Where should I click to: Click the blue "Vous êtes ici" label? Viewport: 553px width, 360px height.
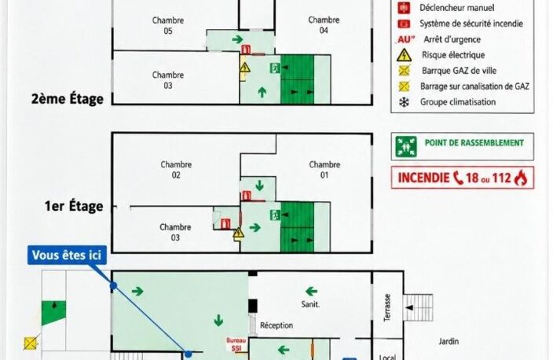[67, 255]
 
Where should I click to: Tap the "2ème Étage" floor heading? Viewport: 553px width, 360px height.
[68, 98]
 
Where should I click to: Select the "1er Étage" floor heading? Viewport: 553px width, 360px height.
[74, 206]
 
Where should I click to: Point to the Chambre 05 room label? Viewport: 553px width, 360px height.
[168, 25]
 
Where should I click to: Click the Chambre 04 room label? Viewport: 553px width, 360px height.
[324, 25]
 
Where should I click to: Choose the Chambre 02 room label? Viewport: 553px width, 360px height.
[176, 170]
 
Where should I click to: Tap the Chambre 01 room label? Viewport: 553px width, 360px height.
[324, 170]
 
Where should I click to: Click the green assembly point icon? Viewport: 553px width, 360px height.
[406, 146]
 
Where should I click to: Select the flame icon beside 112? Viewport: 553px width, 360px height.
[521, 178]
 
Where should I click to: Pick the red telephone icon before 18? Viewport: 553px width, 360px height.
[458, 178]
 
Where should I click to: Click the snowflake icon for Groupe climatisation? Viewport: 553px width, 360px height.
[404, 102]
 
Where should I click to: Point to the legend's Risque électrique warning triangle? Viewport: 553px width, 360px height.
[405, 55]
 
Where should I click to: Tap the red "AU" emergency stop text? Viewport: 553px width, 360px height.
[405, 39]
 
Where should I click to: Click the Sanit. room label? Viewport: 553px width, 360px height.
[310, 304]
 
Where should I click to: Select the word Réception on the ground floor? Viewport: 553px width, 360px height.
[276, 325]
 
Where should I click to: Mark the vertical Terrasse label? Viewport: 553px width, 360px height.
[387, 307]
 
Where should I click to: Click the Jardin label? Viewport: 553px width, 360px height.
[449, 341]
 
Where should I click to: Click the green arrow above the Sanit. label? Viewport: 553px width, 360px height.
[311, 291]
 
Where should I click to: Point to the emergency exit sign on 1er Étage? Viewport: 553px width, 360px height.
[276, 215]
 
